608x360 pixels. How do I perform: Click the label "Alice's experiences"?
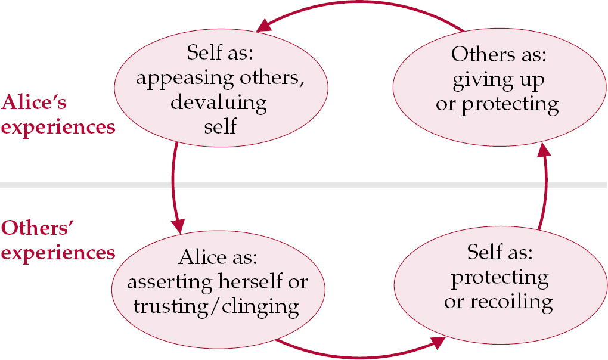point(58,115)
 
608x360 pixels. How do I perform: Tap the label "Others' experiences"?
point(58,240)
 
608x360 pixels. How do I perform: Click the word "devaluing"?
point(218,103)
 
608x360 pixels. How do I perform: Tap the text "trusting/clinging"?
point(216,306)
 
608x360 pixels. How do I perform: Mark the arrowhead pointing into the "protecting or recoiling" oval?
point(439,343)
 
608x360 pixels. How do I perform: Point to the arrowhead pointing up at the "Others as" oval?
point(542,151)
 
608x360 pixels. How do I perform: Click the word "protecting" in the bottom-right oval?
point(499,278)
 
